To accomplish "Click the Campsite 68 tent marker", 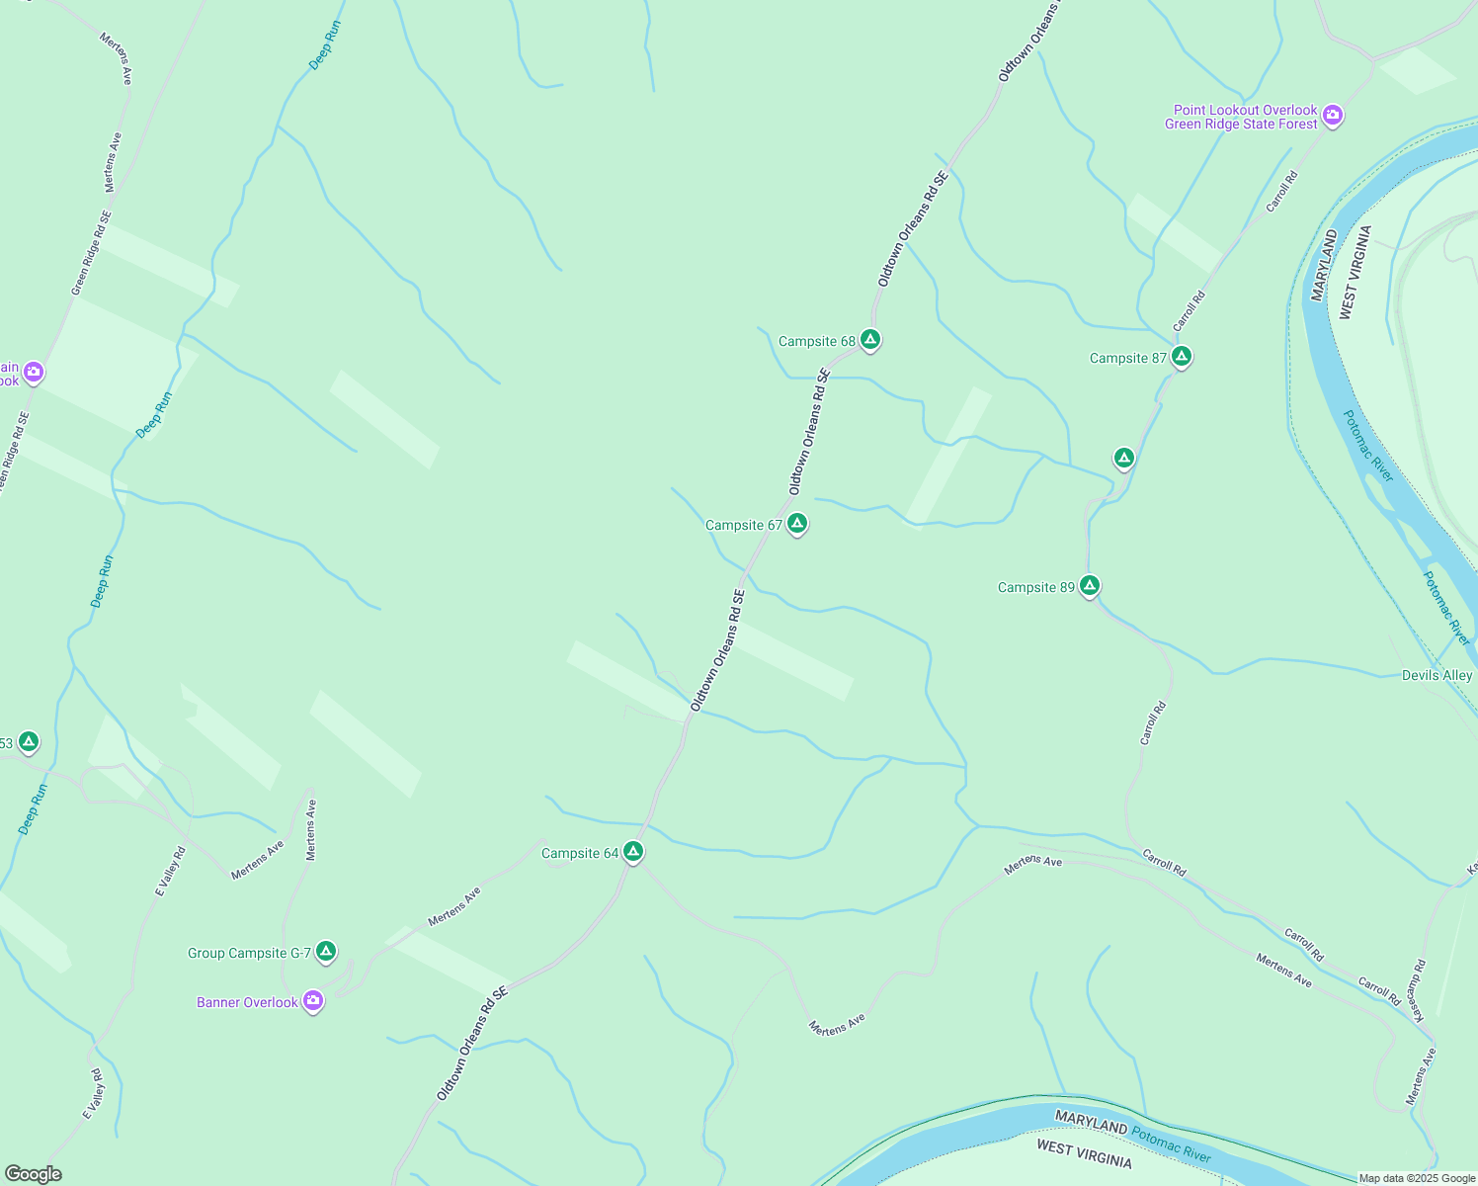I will point(869,340).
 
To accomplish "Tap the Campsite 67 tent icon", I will point(797,524).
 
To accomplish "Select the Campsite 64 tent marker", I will point(633,852).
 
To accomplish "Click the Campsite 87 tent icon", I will point(1181,357).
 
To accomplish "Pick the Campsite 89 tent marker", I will point(1089,586).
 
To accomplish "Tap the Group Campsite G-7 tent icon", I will point(326,952).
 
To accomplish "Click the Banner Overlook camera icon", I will point(313,1001).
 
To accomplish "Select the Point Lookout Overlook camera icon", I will point(1333,117).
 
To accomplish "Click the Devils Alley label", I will point(1437,676).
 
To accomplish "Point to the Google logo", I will point(34,1174).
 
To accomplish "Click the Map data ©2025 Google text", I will point(1417,1178).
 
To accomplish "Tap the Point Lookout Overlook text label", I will point(1244,117).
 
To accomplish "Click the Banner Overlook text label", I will point(247,1002).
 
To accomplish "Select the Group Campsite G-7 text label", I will point(250,953).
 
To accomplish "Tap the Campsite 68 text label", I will point(816,342).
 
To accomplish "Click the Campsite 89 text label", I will point(1035,587).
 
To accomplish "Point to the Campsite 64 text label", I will point(580,853).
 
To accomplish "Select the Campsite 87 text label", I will point(1127,358).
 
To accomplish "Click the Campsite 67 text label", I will point(743,525).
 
